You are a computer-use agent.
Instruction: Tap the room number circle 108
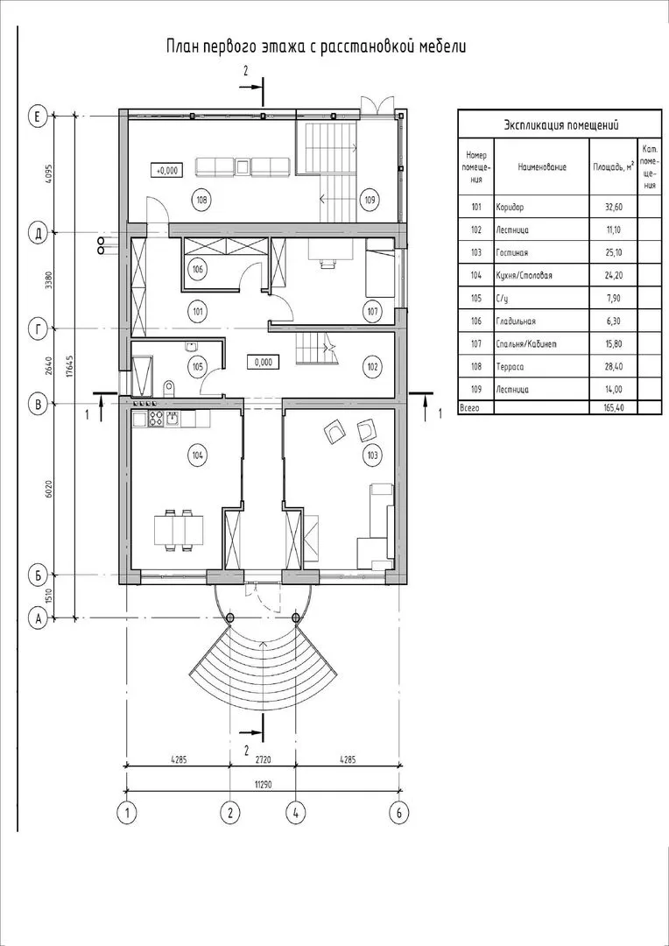pos(202,199)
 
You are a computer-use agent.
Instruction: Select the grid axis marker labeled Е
pos(38,116)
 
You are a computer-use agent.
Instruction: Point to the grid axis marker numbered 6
pos(398,812)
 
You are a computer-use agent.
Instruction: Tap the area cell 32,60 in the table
pos(612,207)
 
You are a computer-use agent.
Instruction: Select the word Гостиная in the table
pos(511,253)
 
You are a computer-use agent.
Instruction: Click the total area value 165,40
pos(612,408)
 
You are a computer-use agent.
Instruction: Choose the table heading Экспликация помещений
pos(561,125)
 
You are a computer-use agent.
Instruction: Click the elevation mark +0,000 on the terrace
pos(167,171)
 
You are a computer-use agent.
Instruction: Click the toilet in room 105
pos(168,387)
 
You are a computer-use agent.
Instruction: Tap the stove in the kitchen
pos(156,418)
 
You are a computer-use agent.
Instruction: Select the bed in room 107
pos(380,272)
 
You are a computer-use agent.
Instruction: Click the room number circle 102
pos(371,367)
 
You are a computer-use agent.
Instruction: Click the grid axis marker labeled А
pos(38,618)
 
